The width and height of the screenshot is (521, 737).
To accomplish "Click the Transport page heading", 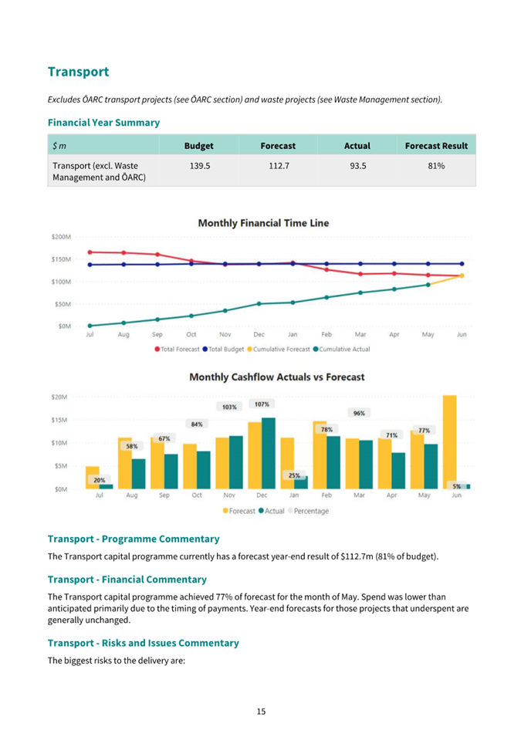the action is (x=78, y=72).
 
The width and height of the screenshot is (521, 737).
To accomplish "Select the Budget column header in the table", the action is (x=199, y=146).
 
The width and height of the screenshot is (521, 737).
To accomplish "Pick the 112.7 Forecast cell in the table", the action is (x=279, y=166).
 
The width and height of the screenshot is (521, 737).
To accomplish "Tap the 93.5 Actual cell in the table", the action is (x=358, y=166).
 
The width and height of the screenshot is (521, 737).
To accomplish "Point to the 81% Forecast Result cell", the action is (x=436, y=166).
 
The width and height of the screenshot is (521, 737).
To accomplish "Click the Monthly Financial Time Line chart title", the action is (x=263, y=223).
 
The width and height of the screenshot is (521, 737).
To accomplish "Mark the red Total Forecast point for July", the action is (x=90, y=252).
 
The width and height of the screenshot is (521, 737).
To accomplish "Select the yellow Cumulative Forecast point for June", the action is (x=462, y=276).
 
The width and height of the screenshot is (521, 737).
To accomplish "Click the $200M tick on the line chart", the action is (x=61, y=237).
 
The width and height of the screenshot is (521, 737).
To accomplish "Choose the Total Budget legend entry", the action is (x=223, y=350).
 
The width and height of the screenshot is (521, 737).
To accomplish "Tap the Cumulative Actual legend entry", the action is (x=342, y=350).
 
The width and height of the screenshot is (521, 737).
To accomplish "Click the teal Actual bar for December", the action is (x=269, y=454).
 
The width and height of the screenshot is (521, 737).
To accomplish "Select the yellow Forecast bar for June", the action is (x=449, y=442).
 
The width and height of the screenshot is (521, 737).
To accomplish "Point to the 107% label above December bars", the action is (x=262, y=404).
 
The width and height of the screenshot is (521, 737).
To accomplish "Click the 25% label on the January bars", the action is (x=294, y=475).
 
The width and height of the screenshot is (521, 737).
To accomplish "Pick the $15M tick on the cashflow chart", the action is (x=59, y=420).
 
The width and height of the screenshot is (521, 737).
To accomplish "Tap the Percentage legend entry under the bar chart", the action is (x=309, y=511).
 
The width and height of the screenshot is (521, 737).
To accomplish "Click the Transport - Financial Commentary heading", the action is (x=127, y=580).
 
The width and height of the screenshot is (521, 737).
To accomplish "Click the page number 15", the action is (x=261, y=712).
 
